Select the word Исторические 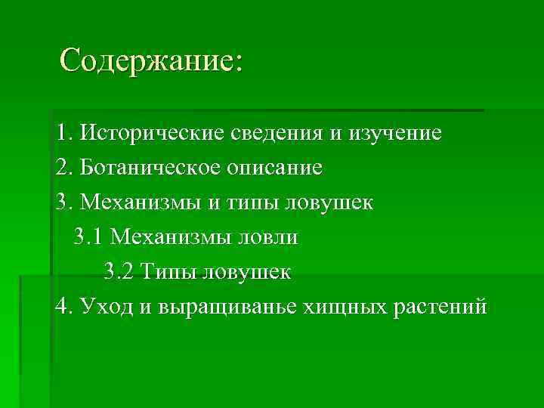click(x=150, y=134)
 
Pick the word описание click(x=274, y=168)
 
